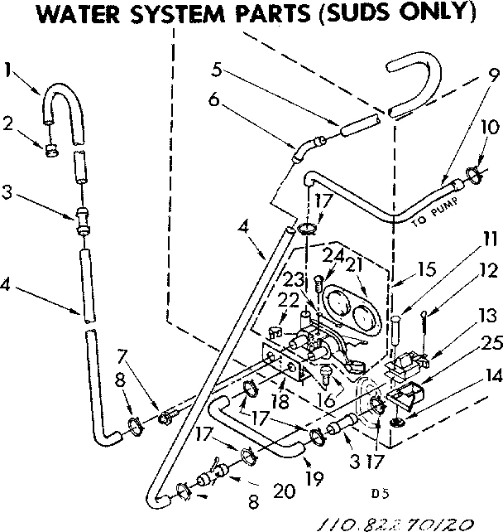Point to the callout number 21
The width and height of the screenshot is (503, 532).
coord(356,264)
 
